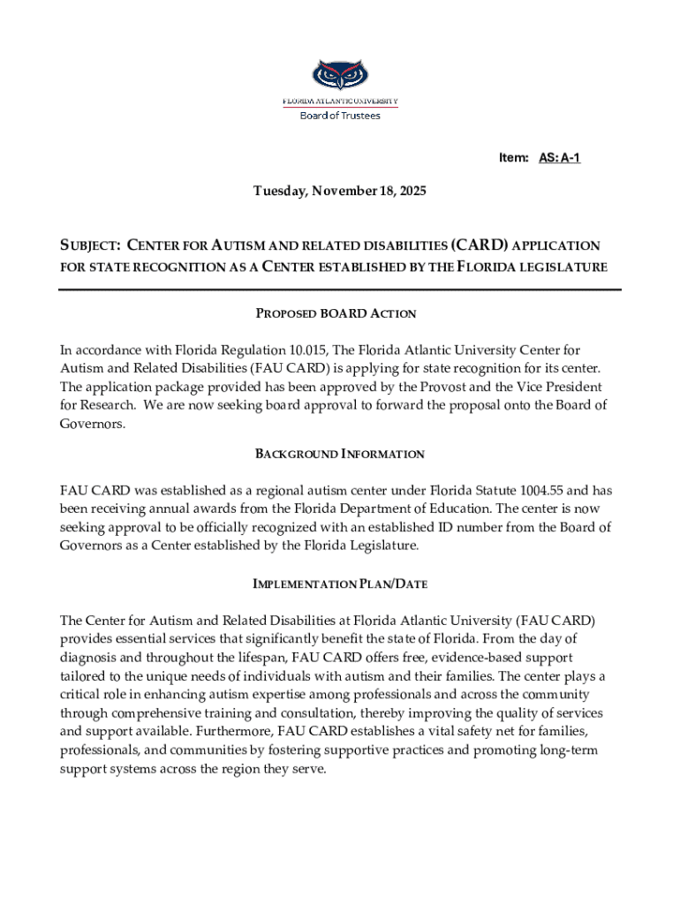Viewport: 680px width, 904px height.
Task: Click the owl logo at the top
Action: point(340,75)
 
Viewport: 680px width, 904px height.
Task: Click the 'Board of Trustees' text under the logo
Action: point(340,116)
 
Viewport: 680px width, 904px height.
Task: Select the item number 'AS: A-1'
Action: point(559,158)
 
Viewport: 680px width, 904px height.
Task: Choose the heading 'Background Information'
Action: point(340,454)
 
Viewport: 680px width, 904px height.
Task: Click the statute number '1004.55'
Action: point(519,490)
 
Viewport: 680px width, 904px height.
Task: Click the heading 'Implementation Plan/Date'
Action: point(340,584)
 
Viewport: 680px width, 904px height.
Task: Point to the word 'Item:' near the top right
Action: point(513,158)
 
